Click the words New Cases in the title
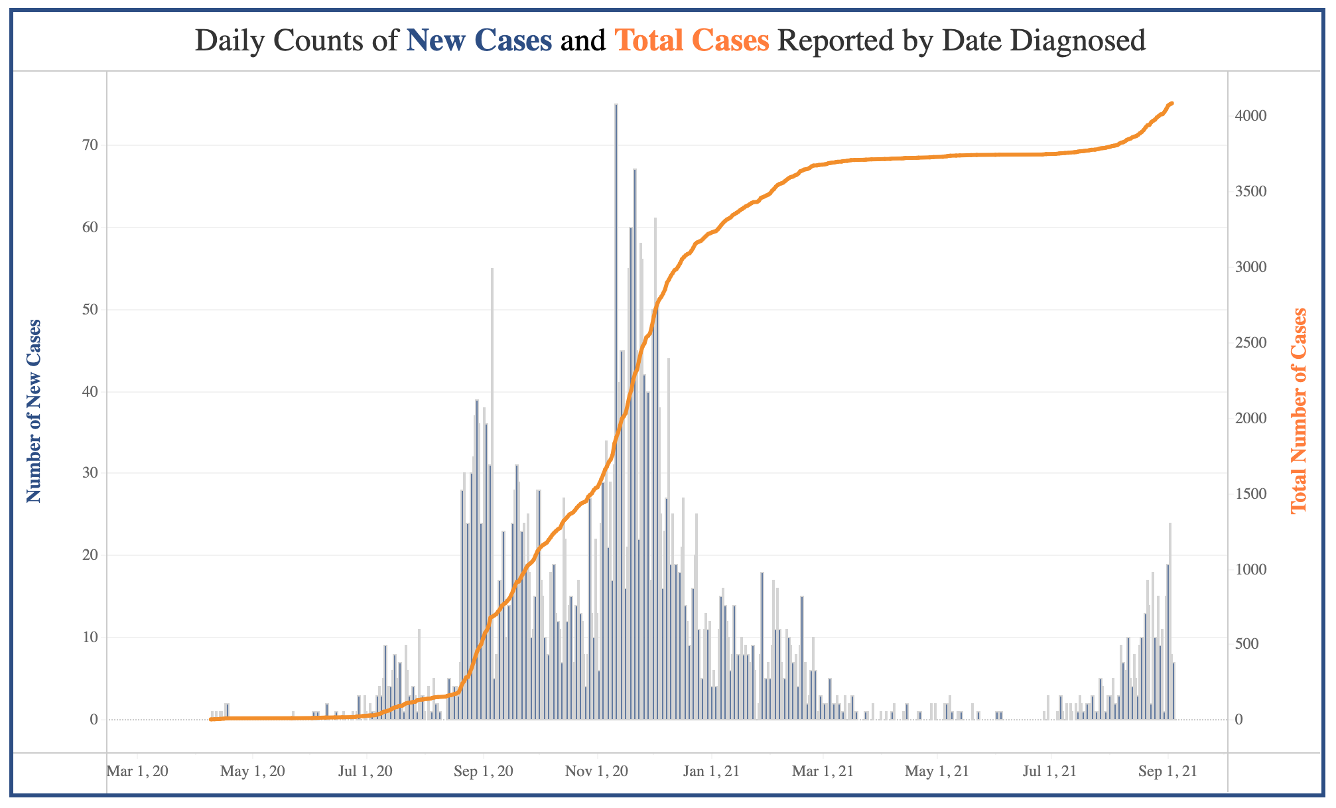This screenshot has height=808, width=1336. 479,41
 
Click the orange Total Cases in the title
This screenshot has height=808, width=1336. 693,41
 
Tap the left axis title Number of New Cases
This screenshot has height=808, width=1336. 34,411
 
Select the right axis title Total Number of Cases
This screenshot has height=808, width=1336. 1298,411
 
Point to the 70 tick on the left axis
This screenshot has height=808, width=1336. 90,145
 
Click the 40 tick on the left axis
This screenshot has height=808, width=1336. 90,392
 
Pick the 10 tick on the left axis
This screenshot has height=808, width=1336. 90,638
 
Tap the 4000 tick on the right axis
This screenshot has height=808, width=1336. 1251,116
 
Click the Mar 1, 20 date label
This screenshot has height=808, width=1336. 137,772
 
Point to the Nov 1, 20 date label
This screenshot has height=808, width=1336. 597,772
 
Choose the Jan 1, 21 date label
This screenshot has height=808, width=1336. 711,772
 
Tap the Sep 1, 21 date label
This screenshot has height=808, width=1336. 1167,772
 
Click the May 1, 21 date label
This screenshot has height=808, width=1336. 937,772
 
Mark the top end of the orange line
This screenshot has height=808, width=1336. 1172,103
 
